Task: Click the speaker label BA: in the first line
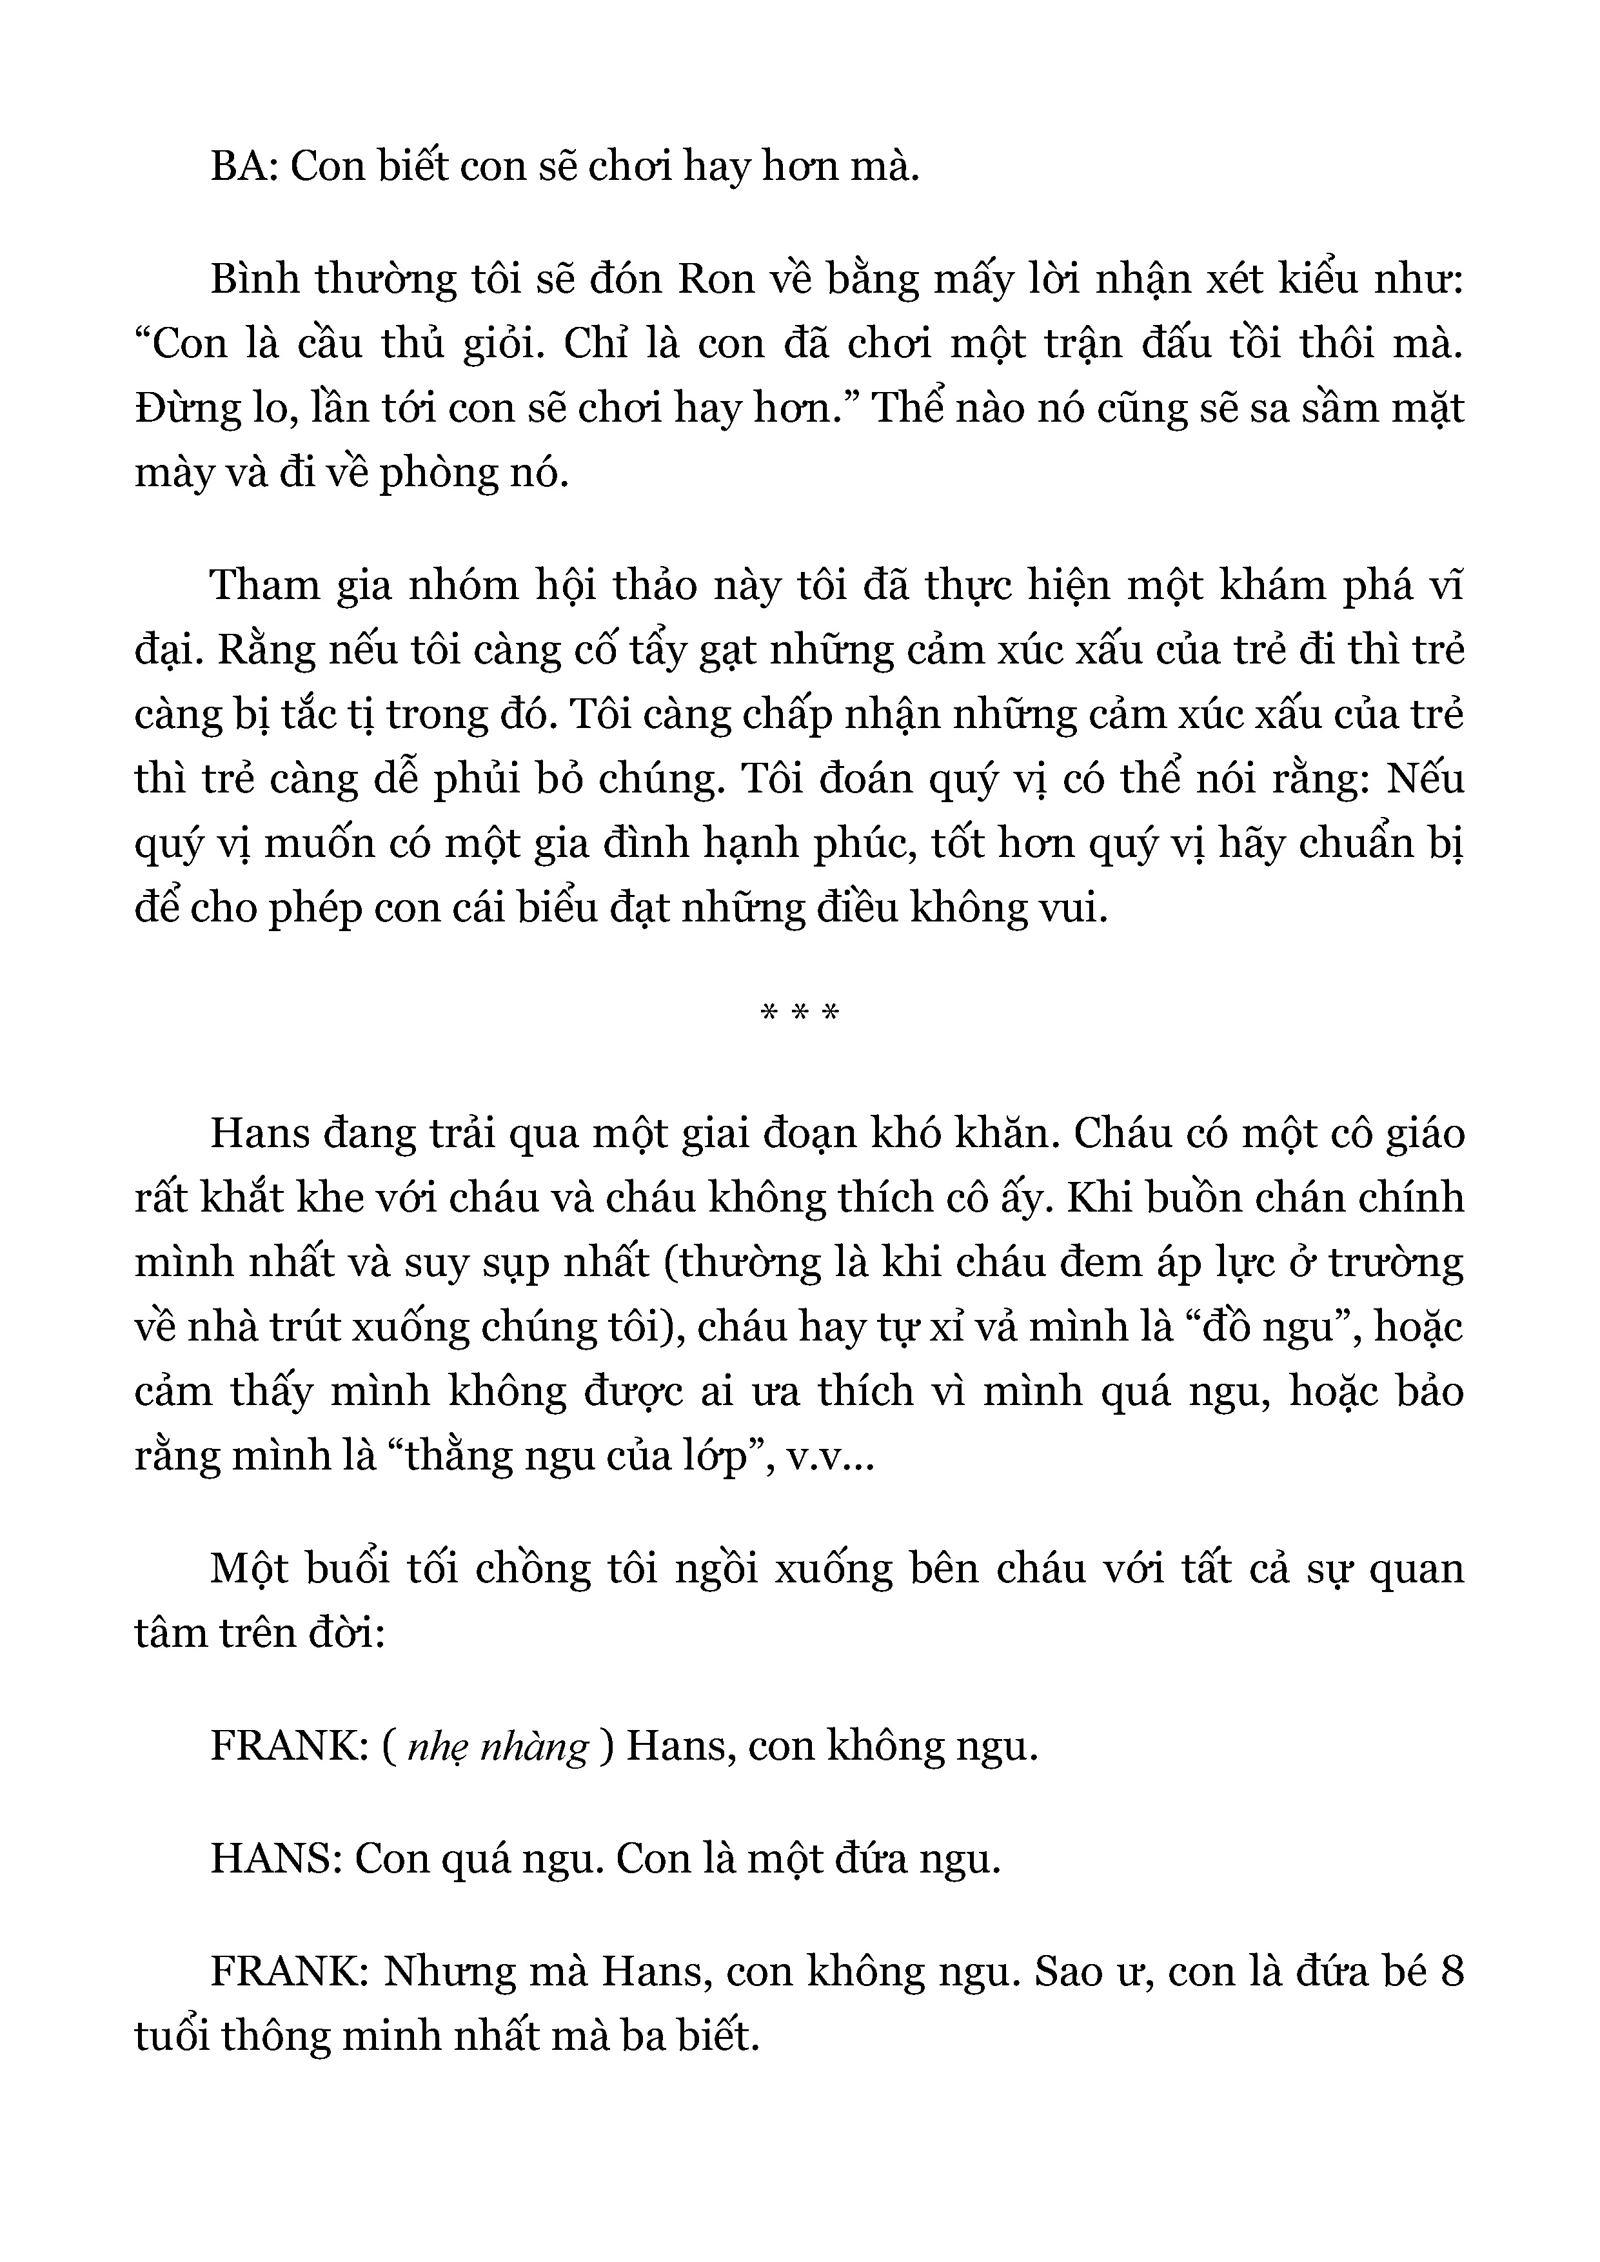coord(246,168)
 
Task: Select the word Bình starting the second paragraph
coord(254,280)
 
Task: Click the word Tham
coord(265,586)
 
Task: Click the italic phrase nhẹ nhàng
coord(497,1747)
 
